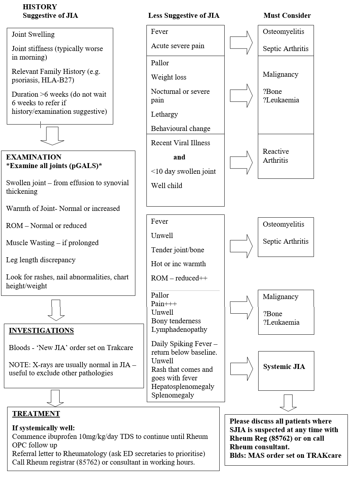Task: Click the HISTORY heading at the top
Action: tap(40, 7)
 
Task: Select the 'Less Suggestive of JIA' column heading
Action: tap(184, 15)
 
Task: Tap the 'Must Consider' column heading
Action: tap(287, 15)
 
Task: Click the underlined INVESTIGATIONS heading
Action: tap(41, 330)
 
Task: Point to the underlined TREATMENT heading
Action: tap(36, 414)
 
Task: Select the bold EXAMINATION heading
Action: tap(34, 157)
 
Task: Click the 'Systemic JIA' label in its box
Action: tap(284, 366)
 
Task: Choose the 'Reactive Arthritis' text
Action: tap(276, 156)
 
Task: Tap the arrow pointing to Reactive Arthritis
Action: tap(241, 162)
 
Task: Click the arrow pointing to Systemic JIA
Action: tap(241, 369)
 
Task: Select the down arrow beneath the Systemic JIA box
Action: tap(288, 403)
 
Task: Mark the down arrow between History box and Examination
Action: tap(52, 136)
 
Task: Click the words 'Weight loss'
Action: tap(169, 77)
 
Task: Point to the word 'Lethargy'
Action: tap(164, 114)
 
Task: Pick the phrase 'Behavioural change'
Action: tap(180, 128)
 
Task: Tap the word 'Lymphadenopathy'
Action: tap(179, 329)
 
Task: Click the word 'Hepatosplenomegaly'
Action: tap(182, 386)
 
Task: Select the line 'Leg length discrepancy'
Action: tap(41, 260)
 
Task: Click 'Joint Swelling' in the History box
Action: tap(33, 34)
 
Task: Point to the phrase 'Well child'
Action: tap(166, 186)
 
